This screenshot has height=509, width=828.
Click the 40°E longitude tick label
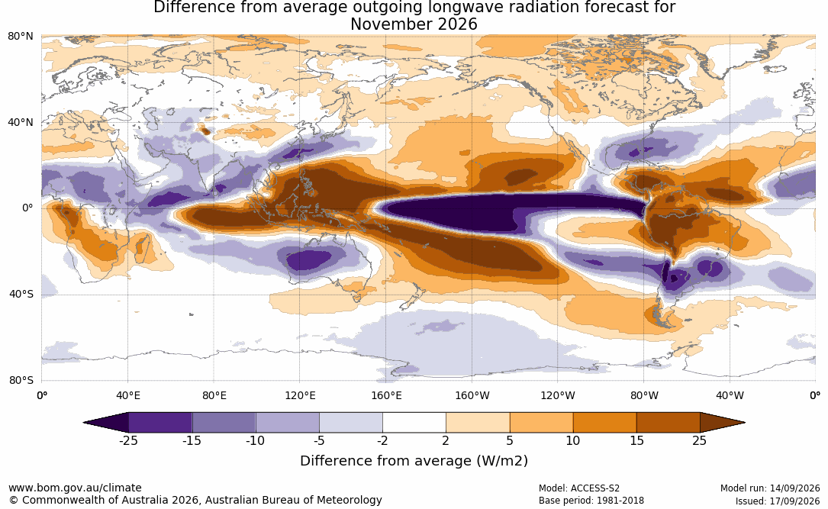click(x=128, y=395)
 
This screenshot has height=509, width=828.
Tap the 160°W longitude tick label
click(x=472, y=395)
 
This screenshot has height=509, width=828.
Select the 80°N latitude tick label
click(x=21, y=37)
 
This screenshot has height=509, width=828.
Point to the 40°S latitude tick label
click(x=21, y=294)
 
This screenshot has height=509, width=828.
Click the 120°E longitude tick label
click(x=300, y=395)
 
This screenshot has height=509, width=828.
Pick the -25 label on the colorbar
click(x=128, y=440)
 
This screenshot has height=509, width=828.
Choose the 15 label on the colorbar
click(x=636, y=440)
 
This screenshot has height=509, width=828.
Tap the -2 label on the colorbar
click(x=382, y=440)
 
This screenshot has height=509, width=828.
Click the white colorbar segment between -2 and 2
click(x=414, y=423)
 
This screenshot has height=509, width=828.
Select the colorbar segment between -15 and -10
click(x=224, y=423)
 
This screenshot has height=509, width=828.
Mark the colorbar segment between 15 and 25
click(x=668, y=423)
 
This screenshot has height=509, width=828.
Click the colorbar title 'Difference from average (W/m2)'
click(x=414, y=461)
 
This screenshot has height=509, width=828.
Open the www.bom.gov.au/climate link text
click(x=75, y=488)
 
